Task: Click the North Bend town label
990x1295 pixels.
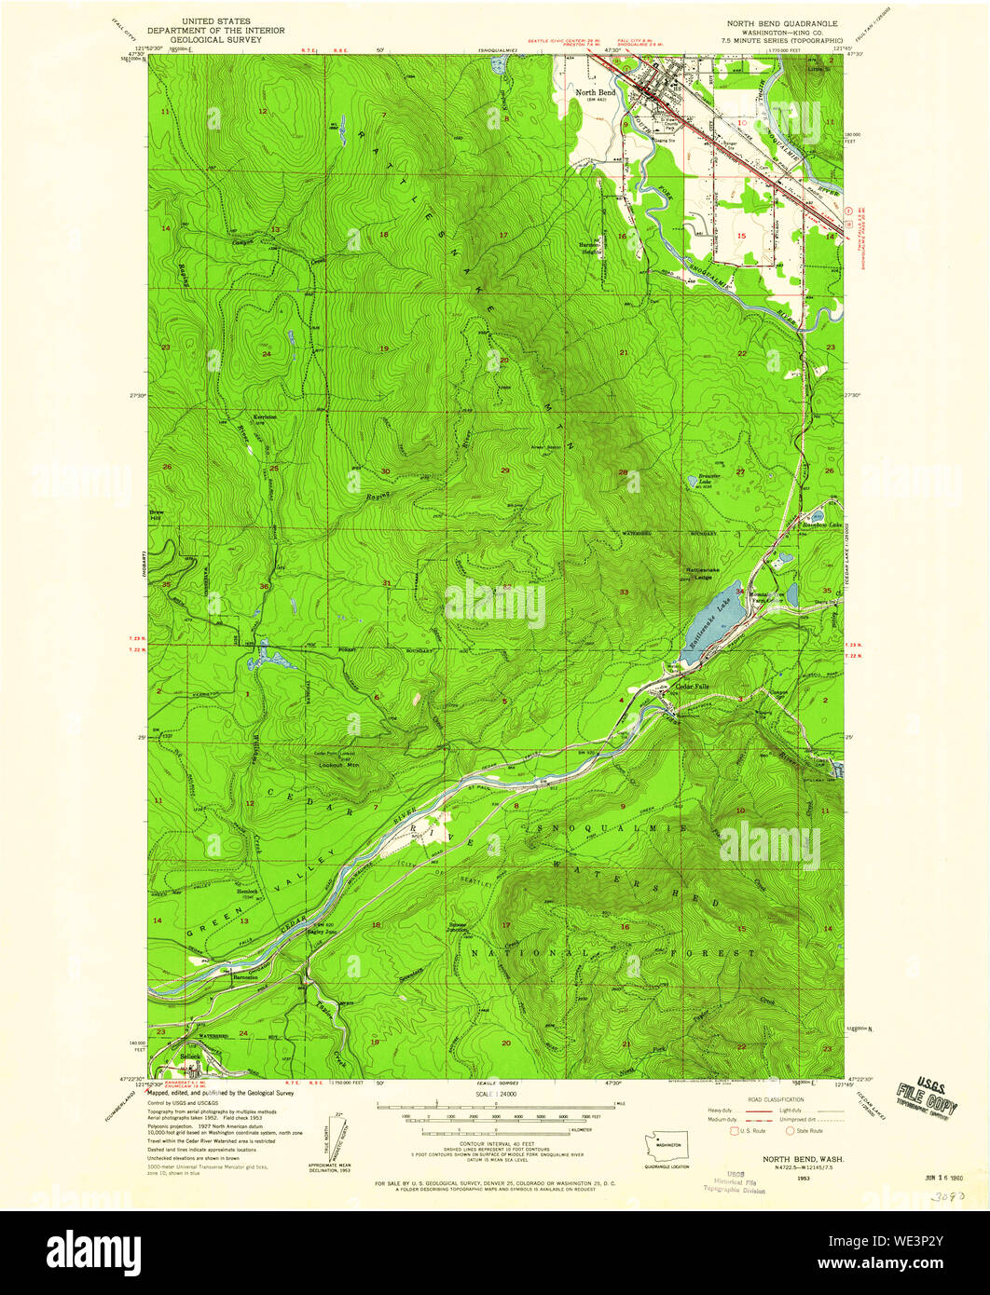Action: click(x=595, y=93)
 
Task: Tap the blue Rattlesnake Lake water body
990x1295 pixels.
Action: click(x=714, y=627)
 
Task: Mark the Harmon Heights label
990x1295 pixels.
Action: click(x=593, y=248)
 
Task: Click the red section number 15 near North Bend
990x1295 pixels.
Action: click(x=742, y=236)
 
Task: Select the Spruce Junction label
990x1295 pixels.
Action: click(x=456, y=927)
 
